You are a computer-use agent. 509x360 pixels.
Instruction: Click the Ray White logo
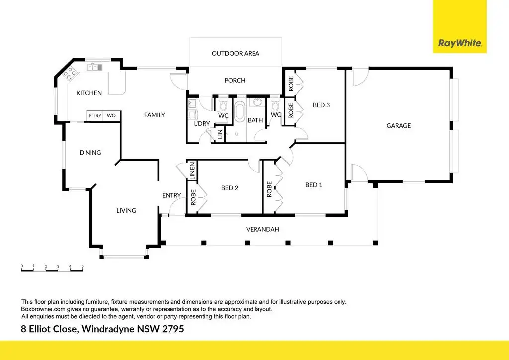click(x=460, y=27)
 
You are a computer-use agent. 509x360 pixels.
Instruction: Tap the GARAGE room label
click(x=398, y=126)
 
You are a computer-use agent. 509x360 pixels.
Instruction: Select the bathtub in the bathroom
click(x=240, y=112)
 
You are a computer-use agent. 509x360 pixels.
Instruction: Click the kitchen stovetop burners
click(x=70, y=73)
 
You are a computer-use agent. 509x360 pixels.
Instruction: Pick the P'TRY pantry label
click(x=95, y=115)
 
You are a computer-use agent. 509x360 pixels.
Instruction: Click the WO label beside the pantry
click(x=111, y=115)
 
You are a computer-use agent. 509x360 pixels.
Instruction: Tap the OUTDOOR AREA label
click(x=235, y=54)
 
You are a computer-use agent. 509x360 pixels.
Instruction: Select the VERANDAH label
click(x=262, y=230)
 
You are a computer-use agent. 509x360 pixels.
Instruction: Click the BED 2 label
click(x=230, y=188)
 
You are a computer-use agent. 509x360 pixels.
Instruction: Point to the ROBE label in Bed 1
click(x=269, y=189)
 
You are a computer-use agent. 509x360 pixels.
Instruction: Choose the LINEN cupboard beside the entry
click(x=192, y=171)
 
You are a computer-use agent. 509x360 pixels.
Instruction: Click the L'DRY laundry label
click(x=202, y=124)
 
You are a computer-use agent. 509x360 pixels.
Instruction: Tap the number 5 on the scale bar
click(x=82, y=266)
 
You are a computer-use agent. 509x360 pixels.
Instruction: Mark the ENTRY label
click(x=171, y=195)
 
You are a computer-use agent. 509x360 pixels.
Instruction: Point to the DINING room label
click(x=90, y=153)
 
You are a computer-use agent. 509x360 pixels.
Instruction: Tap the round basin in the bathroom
click(x=257, y=102)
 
